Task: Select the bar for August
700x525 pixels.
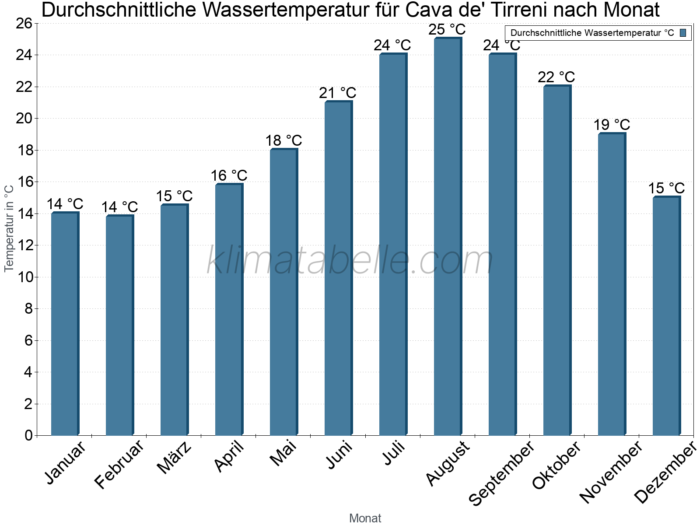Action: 447,236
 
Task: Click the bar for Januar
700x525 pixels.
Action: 64,324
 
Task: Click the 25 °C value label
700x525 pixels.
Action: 447,30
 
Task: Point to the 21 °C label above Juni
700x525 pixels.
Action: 337,93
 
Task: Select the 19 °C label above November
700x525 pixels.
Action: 611,125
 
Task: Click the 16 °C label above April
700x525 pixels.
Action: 229,176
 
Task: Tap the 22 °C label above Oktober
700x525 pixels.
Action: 556,77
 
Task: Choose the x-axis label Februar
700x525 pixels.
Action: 119,464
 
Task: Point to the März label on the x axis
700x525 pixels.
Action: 175,458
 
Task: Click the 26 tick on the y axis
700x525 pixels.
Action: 24,23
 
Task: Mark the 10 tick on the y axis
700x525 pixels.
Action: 24,277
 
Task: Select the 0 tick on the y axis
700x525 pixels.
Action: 29,435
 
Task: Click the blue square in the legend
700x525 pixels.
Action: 683,33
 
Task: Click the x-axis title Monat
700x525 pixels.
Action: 365,518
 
